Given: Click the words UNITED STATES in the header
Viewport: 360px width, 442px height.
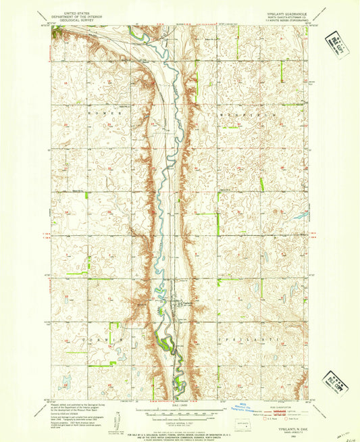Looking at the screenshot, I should [x=75, y=13].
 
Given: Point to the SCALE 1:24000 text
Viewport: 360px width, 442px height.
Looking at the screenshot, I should [x=179, y=406].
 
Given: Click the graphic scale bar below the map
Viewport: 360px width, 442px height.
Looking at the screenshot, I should [x=179, y=411].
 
